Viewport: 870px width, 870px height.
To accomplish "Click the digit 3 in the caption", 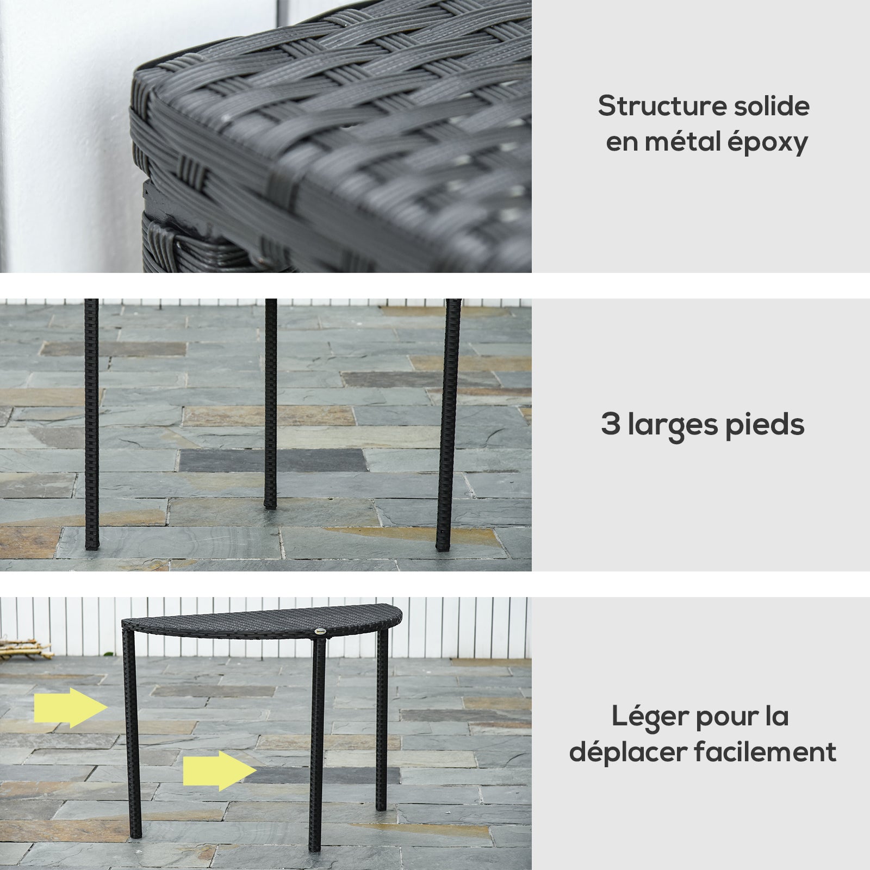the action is pos(611,424).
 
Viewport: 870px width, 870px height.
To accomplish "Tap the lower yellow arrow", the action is pos(220,770).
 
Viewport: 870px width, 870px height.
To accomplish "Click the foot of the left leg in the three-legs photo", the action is pos(92,540).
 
